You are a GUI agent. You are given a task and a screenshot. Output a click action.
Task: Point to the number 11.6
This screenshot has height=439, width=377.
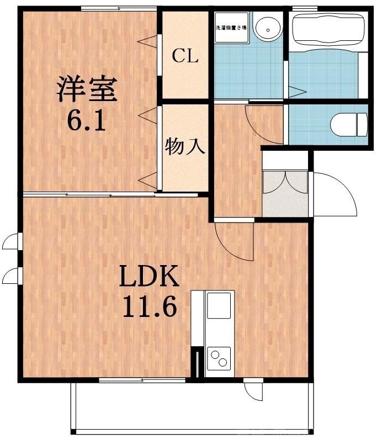click(x=150, y=307)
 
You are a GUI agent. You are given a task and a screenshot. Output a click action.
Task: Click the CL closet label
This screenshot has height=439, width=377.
click(x=185, y=56)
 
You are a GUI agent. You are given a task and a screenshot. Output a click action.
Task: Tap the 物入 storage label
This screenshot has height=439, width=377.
click(x=185, y=146)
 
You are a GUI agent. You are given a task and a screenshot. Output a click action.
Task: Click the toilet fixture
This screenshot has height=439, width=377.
click(x=349, y=124)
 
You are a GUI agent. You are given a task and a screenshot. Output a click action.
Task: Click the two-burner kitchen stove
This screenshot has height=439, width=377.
click(x=219, y=358)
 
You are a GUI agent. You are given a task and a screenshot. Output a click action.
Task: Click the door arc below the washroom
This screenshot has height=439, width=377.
click(x=262, y=119)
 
